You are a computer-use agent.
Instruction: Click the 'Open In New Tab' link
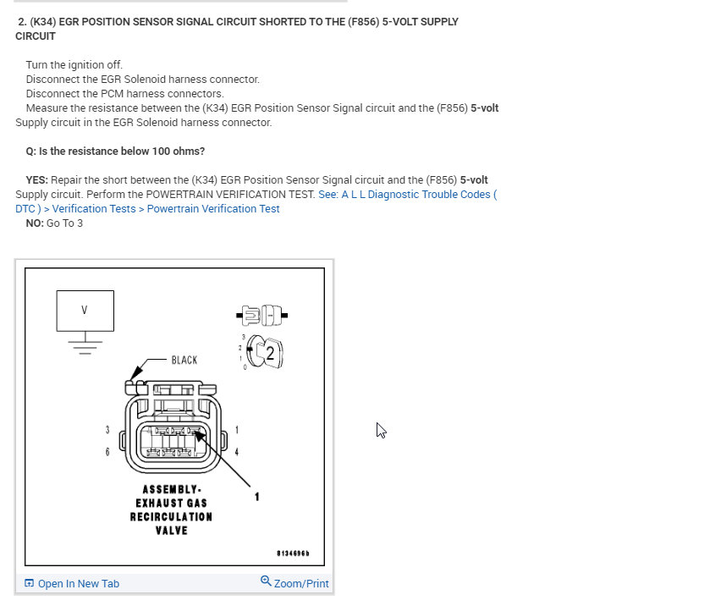point(78,584)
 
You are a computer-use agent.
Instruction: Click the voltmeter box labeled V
point(85,311)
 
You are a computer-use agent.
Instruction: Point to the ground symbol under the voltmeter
point(85,344)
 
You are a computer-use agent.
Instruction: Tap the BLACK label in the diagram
point(184,360)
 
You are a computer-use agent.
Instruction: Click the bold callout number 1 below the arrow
point(257,497)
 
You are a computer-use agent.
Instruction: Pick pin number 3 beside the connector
point(107,430)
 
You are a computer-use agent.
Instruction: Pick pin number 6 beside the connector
point(107,452)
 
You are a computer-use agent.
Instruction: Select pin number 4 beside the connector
point(236,452)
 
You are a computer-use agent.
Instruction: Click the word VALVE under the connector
point(171,531)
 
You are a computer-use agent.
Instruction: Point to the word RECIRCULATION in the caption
point(171,516)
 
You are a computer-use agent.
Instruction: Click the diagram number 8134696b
point(293,554)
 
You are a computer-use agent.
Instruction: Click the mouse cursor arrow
point(381,430)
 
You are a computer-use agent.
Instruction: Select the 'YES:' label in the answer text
point(37,180)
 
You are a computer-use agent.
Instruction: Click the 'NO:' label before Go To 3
point(35,223)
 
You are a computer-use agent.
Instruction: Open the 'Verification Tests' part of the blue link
point(94,209)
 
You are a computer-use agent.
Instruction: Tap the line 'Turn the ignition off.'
point(74,65)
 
